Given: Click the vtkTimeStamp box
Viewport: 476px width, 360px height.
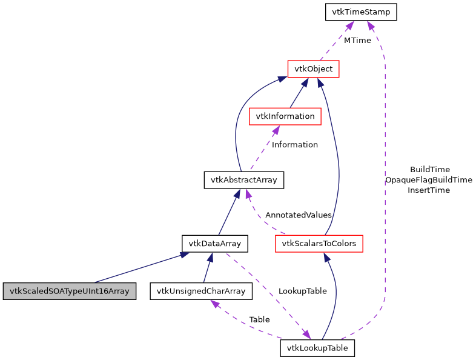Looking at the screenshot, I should click(x=361, y=12).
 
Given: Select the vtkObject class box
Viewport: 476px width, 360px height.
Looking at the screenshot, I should click(x=313, y=69).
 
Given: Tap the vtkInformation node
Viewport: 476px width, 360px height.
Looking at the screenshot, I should click(x=285, y=116).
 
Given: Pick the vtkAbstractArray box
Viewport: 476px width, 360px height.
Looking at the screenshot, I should click(x=243, y=180).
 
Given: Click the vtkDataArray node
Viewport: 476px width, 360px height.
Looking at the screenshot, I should click(x=215, y=244).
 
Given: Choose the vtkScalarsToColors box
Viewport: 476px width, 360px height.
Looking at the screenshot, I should click(x=319, y=244).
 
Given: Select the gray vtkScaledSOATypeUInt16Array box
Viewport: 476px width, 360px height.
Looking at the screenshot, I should click(x=69, y=291).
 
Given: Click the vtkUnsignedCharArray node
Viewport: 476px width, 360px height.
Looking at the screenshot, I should click(x=200, y=291).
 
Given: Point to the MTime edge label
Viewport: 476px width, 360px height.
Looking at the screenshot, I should click(x=357, y=41).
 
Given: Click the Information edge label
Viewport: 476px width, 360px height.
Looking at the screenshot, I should click(x=294, y=145).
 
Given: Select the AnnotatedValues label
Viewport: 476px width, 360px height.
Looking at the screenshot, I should click(x=299, y=215).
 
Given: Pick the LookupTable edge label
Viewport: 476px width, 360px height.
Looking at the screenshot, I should click(x=302, y=291).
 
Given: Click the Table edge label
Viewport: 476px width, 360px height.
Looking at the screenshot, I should click(x=259, y=319).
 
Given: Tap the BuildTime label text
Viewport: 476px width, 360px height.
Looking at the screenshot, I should click(x=429, y=170).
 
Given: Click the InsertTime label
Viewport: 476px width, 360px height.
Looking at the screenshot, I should click(x=429, y=190).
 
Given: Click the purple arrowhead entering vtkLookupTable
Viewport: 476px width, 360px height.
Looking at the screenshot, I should click(x=306, y=335).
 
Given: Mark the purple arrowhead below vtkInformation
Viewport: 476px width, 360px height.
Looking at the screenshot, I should click(x=276, y=130).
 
